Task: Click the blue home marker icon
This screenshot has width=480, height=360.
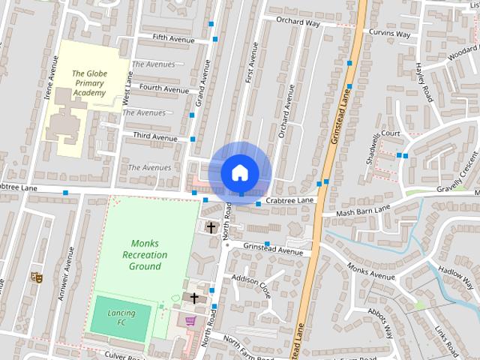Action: [x=239, y=172]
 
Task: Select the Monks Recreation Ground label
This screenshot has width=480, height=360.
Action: [x=145, y=255]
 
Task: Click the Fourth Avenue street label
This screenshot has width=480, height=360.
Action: [x=164, y=89]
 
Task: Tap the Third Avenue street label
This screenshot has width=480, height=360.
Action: [x=155, y=137]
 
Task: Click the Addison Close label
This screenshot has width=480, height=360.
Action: [x=250, y=285]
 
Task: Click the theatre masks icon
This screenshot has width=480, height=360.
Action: [x=35, y=277]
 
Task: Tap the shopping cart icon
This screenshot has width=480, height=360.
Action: [x=190, y=321]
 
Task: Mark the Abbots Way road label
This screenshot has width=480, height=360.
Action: [x=381, y=321]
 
